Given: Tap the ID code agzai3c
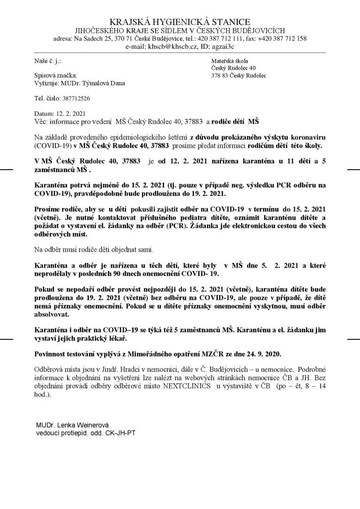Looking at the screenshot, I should (x=222, y=46).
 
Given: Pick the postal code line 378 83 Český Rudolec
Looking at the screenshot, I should (x=239, y=75).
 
